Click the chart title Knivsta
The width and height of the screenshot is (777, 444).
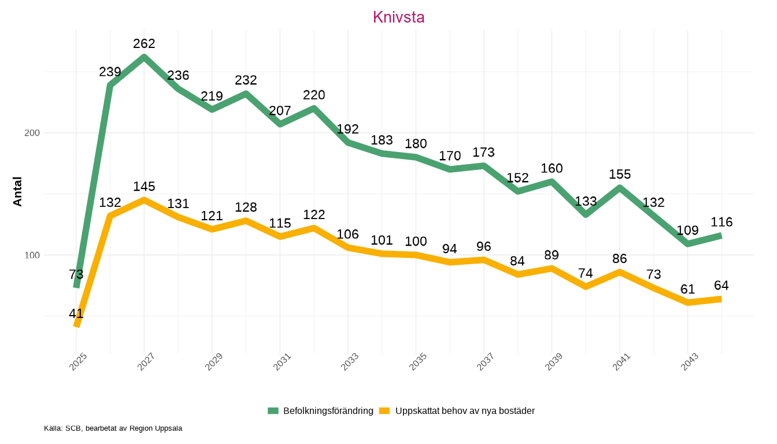click(x=398, y=17)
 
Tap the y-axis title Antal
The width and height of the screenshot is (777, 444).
click(x=18, y=191)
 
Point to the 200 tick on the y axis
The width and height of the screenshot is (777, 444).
click(x=32, y=133)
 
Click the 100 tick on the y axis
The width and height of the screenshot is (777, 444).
click(x=32, y=255)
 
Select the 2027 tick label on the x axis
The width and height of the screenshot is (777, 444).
click(x=147, y=362)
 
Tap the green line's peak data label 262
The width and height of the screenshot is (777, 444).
click(x=144, y=43)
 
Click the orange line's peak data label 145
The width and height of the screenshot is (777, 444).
click(x=144, y=186)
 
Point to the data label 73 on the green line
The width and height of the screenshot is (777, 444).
click(x=76, y=274)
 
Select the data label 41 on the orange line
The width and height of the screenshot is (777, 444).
click(x=76, y=314)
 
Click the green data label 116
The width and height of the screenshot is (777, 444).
click(x=721, y=222)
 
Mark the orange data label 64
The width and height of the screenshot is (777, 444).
click(x=721, y=286)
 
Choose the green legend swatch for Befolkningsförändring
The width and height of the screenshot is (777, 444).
click(x=273, y=411)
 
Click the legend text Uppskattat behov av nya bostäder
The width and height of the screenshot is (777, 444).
click(x=465, y=411)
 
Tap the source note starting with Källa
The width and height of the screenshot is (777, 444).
click(x=113, y=428)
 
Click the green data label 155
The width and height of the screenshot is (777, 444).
click(x=620, y=174)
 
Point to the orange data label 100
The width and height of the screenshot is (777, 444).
click(x=416, y=241)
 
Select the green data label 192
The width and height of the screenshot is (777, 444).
click(x=348, y=129)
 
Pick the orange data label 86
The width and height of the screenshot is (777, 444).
click(x=620, y=258)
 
